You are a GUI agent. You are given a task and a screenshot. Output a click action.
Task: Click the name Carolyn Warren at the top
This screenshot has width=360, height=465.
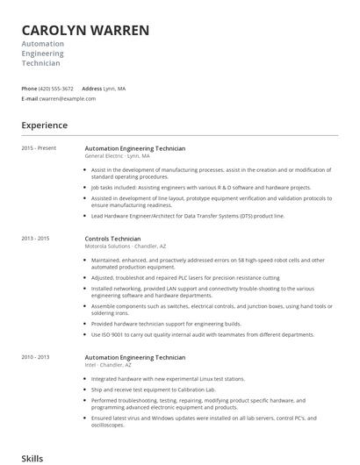click(x=85, y=30)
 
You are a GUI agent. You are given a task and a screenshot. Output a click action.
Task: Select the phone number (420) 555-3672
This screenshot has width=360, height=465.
click(x=57, y=89)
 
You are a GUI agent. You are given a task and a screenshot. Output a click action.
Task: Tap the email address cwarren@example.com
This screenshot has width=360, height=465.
click(x=68, y=98)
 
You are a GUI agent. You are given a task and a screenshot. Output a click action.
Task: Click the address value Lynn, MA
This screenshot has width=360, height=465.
click(x=114, y=89)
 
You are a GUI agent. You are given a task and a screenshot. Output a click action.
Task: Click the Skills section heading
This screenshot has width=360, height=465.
click(x=32, y=458)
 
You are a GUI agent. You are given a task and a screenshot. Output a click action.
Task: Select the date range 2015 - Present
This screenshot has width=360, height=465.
click(x=39, y=147)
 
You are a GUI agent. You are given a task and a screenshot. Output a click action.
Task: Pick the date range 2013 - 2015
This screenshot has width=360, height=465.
click(x=35, y=238)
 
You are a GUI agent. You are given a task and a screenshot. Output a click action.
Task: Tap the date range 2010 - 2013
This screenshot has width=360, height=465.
click(x=35, y=357)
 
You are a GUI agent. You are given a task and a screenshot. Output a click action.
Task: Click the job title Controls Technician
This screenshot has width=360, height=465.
click(x=112, y=239)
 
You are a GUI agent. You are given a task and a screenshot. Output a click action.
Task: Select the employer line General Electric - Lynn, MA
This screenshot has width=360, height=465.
click(x=124, y=155)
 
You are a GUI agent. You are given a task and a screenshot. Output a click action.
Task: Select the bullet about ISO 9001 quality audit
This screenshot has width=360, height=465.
click(x=202, y=334)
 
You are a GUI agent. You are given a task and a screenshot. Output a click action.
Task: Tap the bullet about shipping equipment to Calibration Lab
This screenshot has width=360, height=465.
click(x=155, y=389)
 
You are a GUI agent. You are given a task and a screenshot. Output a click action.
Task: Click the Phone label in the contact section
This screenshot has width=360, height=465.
click(x=29, y=89)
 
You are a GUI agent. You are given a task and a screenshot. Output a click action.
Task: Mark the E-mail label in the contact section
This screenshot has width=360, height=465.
click(x=30, y=98)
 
